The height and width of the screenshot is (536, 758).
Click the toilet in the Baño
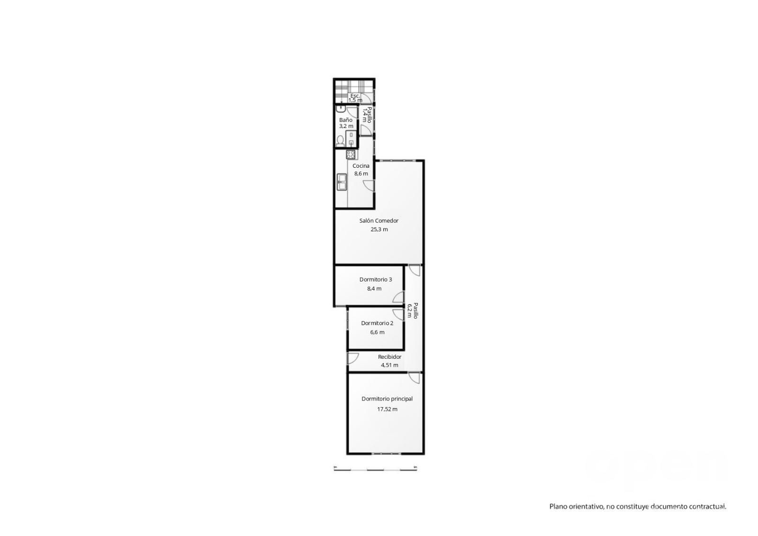pyautogui.click(x=340, y=141)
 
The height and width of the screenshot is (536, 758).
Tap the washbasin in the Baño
pyautogui.click(x=341, y=109)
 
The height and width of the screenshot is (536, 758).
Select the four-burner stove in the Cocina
pyautogui.click(x=351, y=155)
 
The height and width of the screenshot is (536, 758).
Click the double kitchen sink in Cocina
pyautogui.click(x=342, y=182)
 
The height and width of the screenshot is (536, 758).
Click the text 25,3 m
pyautogui.click(x=379, y=229)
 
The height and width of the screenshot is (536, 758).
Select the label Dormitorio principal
pyautogui.click(x=387, y=399)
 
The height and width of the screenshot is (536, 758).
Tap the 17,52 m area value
pyautogui.click(x=387, y=409)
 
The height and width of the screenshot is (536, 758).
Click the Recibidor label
pyautogui.click(x=389, y=356)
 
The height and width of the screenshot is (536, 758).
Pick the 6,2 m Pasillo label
pyautogui.click(x=409, y=310)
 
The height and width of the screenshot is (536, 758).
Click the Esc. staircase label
pyautogui.click(x=355, y=95)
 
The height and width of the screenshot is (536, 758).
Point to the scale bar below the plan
pyautogui.click(x=375, y=470)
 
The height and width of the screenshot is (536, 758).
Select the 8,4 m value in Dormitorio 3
pyautogui.click(x=374, y=289)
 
